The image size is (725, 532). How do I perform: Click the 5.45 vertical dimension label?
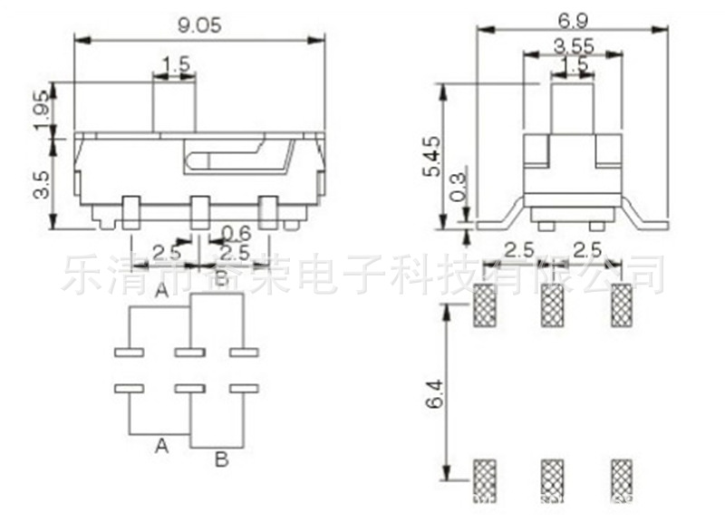[433, 156]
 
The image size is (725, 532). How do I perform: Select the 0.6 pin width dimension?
[237, 232]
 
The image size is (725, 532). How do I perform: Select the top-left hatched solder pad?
[486, 305]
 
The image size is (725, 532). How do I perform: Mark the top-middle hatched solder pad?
[552, 305]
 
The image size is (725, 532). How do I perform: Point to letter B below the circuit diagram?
[220, 460]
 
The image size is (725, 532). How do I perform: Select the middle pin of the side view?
[200, 212]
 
